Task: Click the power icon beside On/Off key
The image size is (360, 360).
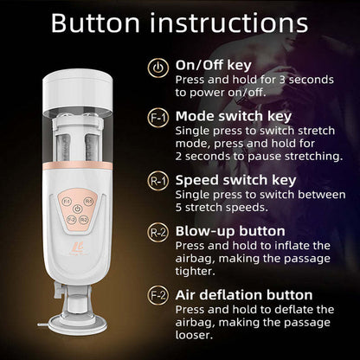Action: pyautogui.click(x=159, y=68)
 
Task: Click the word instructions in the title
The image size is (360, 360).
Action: pyautogui.click(x=228, y=23)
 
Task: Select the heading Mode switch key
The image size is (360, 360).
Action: pyautogui.click(x=234, y=114)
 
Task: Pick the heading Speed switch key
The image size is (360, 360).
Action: pyautogui.click(x=236, y=179)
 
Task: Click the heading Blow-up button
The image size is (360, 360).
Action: pyautogui.click(x=230, y=231)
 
